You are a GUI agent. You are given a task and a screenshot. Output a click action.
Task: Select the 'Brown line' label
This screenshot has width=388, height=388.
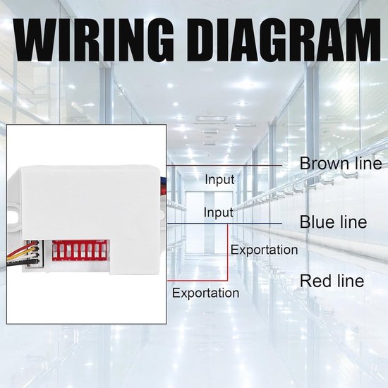click(x=341, y=164)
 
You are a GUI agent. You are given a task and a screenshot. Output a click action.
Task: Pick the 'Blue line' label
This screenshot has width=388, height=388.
click(x=333, y=222)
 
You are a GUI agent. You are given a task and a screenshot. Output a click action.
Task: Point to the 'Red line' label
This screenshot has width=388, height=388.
click(x=332, y=281)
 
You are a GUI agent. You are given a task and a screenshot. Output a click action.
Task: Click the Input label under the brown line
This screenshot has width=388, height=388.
click(x=219, y=179)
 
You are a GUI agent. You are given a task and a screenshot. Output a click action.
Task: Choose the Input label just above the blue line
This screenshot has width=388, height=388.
click(x=219, y=212)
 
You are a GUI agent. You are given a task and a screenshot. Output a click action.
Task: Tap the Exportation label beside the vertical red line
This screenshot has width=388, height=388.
click(x=265, y=250)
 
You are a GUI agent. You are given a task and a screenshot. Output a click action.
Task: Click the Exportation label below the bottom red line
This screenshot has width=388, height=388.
click(x=205, y=293)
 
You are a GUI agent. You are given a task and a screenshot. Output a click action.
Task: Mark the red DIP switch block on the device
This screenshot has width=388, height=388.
click(x=79, y=250)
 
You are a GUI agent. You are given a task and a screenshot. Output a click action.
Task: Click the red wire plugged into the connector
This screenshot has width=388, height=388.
click(x=20, y=250)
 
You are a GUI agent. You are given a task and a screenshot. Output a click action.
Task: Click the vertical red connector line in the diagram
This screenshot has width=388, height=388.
click(x=228, y=253)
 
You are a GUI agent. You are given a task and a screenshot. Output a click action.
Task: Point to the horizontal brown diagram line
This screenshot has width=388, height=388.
click(x=224, y=165)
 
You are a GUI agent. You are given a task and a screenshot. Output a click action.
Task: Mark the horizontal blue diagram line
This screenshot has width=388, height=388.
click(x=224, y=224)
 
